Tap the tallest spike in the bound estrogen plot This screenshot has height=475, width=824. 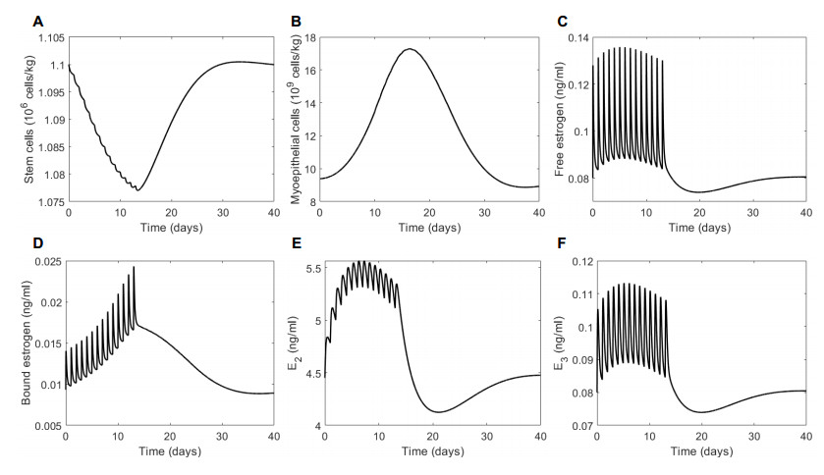(x=134, y=267)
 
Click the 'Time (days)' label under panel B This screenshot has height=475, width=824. (x=434, y=227)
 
